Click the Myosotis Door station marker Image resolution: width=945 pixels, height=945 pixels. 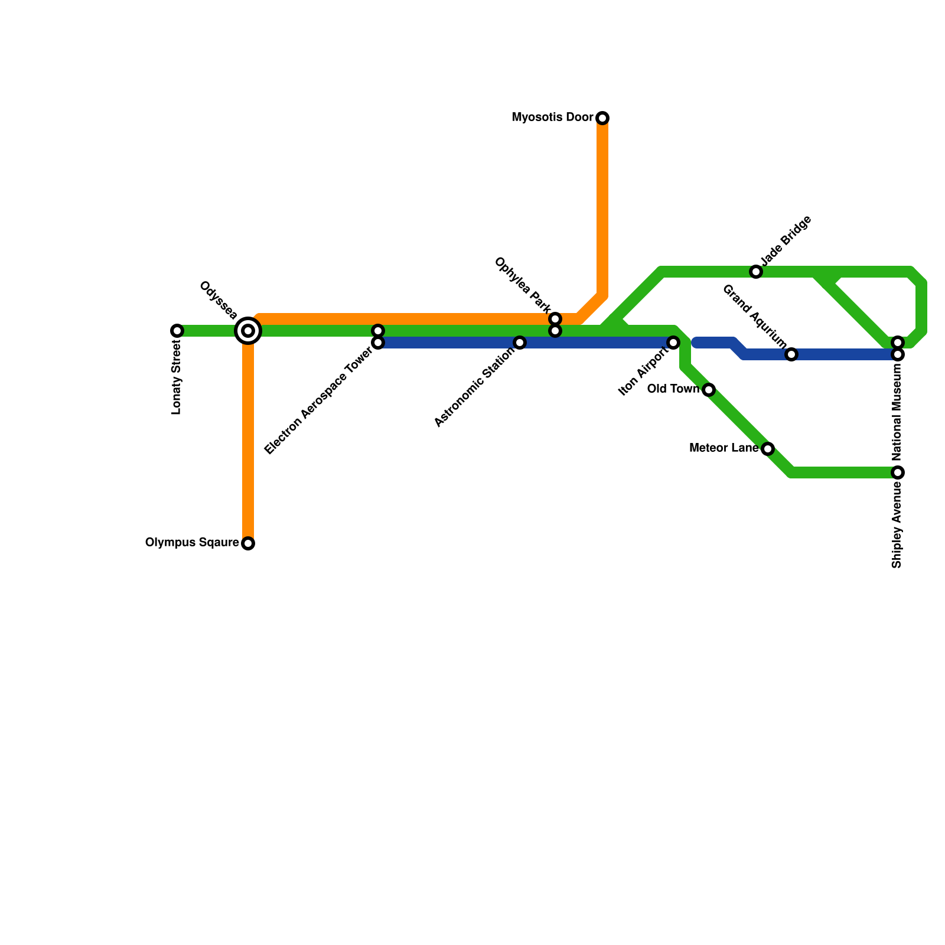point(602,118)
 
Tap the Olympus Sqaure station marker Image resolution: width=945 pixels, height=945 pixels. point(248,543)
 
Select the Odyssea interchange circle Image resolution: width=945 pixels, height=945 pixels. point(248,331)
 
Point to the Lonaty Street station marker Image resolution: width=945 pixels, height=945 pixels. point(177,331)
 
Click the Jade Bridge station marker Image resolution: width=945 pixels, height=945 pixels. point(756,272)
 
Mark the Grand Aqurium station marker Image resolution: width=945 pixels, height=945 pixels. point(791,354)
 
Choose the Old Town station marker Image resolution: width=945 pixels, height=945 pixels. point(709,390)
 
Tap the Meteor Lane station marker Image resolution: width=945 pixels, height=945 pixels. point(768,449)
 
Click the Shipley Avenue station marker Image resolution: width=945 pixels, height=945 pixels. point(898,472)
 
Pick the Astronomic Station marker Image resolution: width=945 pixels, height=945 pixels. point(520,343)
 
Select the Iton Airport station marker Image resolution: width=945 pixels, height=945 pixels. point(673,343)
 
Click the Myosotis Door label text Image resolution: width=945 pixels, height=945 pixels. point(552,118)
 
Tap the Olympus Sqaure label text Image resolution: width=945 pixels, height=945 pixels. point(192,543)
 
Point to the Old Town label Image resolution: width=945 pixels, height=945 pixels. point(673,389)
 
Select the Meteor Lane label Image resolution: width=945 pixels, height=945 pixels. point(724,448)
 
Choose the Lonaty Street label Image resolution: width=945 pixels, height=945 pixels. point(177,378)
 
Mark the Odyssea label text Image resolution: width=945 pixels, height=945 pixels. point(219,299)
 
